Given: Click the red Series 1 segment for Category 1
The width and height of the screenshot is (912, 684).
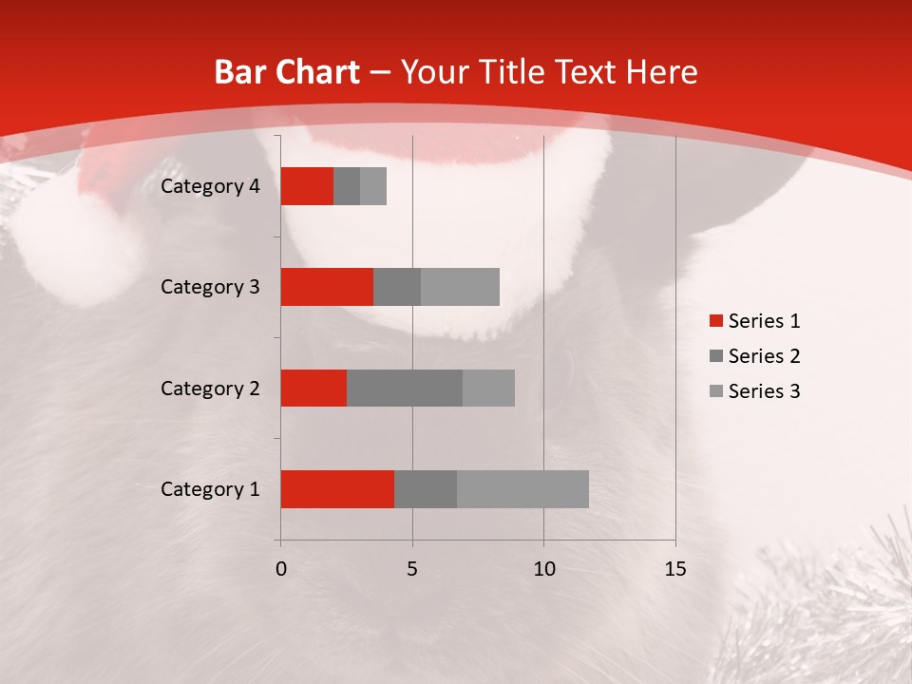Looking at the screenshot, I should click(x=337, y=489).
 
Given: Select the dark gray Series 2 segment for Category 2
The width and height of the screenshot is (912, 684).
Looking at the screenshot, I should click(x=405, y=388).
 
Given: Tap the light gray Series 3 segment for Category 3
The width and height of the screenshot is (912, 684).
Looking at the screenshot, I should click(x=460, y=287).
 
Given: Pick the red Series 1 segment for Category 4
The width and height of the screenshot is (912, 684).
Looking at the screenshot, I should click(x=307, y=186).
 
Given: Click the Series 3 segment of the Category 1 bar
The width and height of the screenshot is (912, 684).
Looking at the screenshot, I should click(x=522, y=489).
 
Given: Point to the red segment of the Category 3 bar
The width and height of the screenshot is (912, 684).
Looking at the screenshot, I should click(x=327, y=287).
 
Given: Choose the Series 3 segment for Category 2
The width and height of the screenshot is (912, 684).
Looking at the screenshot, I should click(x=488, y=388).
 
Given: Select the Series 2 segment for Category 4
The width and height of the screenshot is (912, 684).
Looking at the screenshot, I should click(x=347, y=186).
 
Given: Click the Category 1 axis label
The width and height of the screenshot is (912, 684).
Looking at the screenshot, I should click(x=210, y=489).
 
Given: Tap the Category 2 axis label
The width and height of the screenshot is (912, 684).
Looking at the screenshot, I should click(x=210, y=389).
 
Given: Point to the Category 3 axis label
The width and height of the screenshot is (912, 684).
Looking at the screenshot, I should click(x=210, y=287).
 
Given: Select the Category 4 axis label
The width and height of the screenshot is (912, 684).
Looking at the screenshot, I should click(x=210, y=186).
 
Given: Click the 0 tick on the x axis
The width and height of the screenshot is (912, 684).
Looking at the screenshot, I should click(x=281, y=569).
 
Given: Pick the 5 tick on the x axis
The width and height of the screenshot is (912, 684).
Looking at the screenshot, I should click(x=412, y=569).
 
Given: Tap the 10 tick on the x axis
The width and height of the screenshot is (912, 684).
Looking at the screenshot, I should click(x=543, y=569).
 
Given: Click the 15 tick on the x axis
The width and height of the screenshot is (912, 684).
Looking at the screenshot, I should click(x=674, y=569).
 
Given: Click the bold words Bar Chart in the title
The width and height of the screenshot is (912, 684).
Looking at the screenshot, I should click(x=286, y=72).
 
